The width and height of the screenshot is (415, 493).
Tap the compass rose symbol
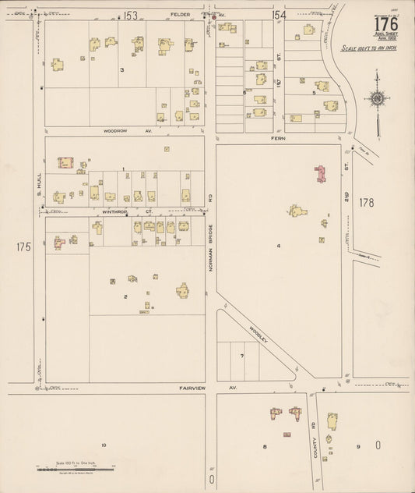pos(378,99)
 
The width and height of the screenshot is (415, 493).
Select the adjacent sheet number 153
pos(130,15)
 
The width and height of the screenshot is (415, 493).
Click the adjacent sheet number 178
pos(367,203)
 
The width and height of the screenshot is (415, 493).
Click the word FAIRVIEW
pos(191,388)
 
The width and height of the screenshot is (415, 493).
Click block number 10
pos(103,445)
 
